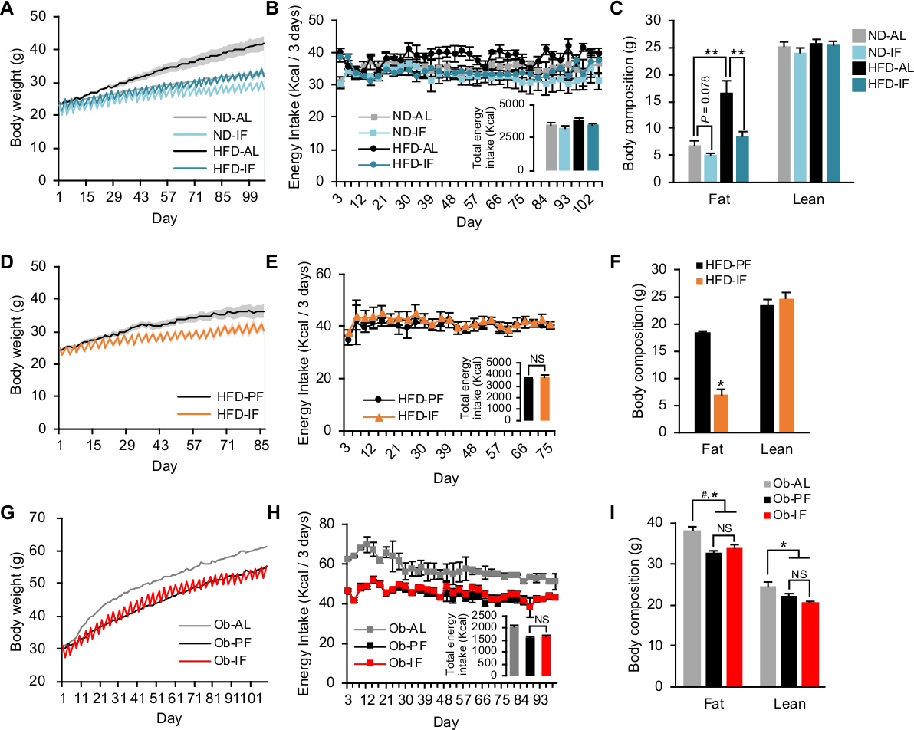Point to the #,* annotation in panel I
pyautogui.click(x=709, y=495)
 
